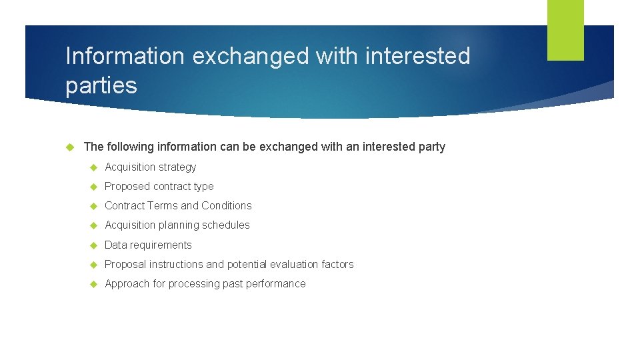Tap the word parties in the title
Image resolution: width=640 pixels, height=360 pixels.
click(101, 85)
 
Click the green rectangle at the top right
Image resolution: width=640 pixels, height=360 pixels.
click(565, 30)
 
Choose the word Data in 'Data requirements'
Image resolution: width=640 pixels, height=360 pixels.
click(116, 245)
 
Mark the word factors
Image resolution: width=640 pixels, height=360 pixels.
click(337, 265)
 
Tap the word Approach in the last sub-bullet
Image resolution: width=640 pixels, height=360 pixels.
click(127, 284)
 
